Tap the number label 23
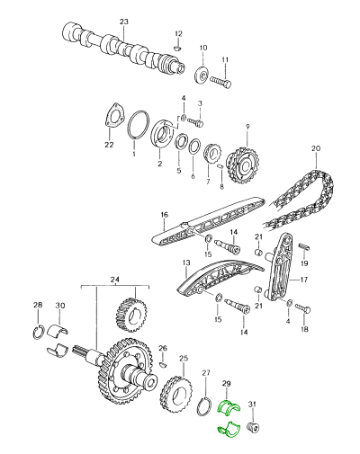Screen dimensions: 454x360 124,22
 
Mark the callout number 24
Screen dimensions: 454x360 114,279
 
